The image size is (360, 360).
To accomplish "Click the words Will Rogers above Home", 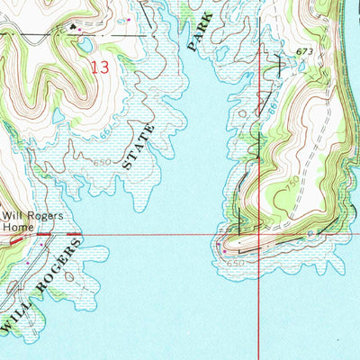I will tap(27, 216).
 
